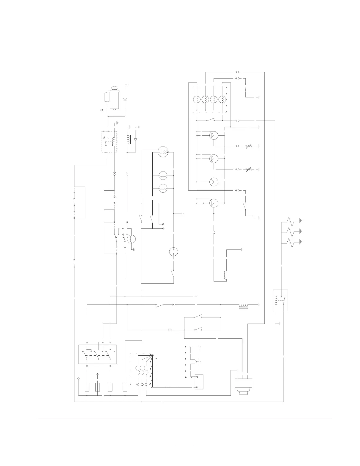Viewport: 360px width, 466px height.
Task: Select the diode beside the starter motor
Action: click(x=125, y=99)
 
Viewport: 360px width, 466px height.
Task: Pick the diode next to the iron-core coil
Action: click(x=136, y=139)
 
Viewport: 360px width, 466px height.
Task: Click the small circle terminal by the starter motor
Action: click(x=102, y=110)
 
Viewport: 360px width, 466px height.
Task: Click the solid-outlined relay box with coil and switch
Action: click(x=280, y=300)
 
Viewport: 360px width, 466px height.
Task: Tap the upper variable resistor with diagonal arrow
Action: click(x=249, y=146)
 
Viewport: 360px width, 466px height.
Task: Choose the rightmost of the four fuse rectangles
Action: click(x=125, y=387)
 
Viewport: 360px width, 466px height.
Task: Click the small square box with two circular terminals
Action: click(x=199, y=382)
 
